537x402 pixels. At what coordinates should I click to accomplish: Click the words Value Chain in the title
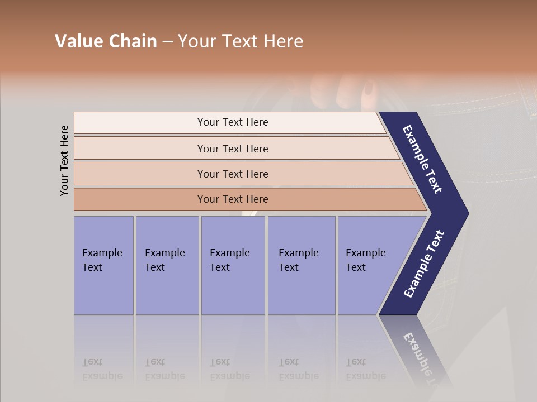(106, 41)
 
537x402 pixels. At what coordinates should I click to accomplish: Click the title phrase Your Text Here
(241, 41)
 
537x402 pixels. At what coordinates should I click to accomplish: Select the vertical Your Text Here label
(64, 160)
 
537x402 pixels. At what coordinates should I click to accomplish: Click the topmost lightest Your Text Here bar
(232, 122)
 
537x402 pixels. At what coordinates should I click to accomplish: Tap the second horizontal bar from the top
(232, 149)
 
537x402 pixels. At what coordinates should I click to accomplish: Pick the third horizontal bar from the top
(232, 174)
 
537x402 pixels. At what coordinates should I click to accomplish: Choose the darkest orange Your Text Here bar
(232, 199)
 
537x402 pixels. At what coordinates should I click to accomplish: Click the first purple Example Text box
(103, 265)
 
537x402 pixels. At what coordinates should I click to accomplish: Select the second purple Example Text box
(167, 265)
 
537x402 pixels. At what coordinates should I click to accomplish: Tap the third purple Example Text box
(232, 265)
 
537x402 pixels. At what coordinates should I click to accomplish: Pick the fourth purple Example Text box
(301, 265)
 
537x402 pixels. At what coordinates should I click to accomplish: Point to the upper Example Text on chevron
(423, 159)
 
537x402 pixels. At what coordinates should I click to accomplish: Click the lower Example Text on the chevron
(424, 264)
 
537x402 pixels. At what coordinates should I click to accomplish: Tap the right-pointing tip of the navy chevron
(464, 213)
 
